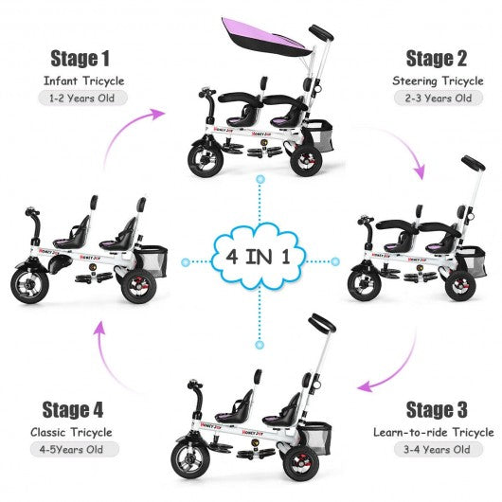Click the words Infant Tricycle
(82, 80)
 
